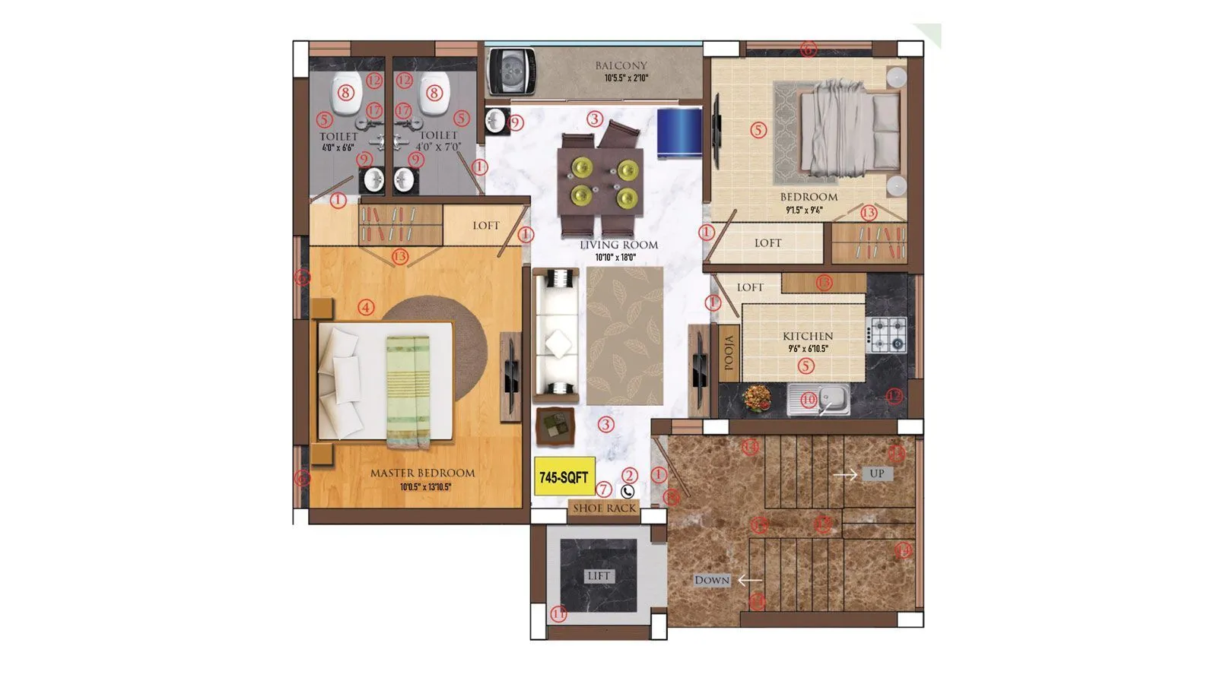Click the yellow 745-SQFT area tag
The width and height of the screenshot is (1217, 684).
coord(564,477)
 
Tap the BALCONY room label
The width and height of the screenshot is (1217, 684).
coord(621,66)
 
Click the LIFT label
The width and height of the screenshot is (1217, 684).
coord(599,576)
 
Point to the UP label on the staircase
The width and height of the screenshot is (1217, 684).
coord(876,473)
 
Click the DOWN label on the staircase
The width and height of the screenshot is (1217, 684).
coord(712,580)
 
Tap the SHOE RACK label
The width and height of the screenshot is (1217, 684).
coord(604,508)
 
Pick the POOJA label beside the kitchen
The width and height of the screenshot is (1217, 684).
coord(729,353)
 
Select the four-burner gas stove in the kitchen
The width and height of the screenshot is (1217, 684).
coord(887,334)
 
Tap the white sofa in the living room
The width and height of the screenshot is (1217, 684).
coord(555,334)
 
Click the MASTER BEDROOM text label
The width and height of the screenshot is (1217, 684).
coord(422,473)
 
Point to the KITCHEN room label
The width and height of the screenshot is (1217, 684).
coord(808,336)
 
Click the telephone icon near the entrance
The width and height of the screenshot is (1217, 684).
coord(628,492)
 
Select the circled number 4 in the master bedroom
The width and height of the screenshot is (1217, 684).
coord(367,308)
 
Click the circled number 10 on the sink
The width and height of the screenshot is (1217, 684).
coord(808,399)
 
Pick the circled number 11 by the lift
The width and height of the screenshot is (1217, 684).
coord(559,614)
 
